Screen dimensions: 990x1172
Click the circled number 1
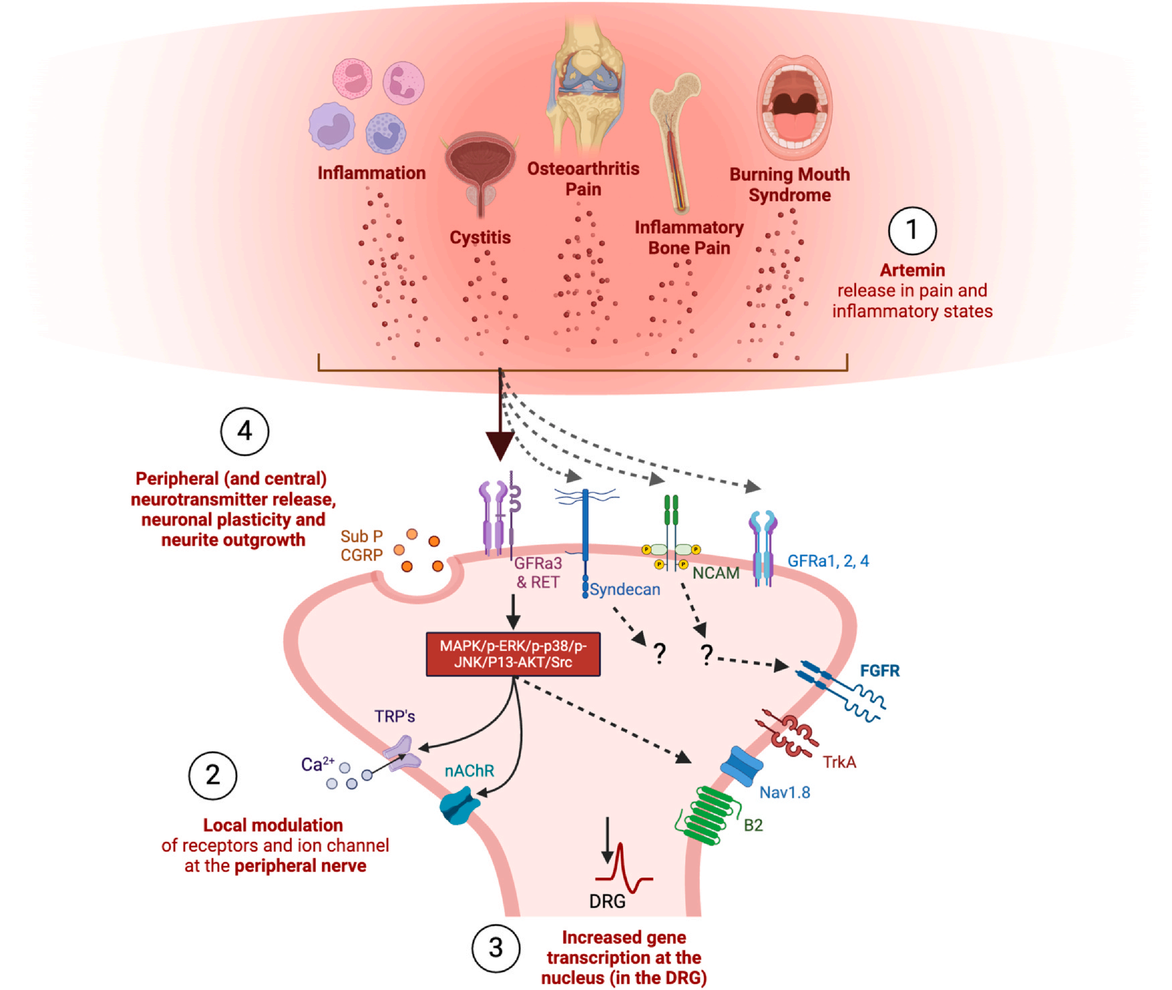pos(911,230)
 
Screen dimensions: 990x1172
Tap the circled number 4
pos(244,431)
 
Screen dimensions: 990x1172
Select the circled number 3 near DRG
pos(496,947)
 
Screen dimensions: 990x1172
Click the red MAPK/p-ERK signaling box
pos(513,654)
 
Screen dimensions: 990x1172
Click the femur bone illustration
pos(675,141)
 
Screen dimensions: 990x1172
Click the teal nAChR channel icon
pos(459,806)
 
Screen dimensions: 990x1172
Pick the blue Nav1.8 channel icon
pos(741,766)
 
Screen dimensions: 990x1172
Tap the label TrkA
pos(839,762)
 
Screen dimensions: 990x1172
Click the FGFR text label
pos(879,670)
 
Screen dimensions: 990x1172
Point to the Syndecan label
pos(625,589)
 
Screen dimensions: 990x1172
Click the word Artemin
pos(912,270)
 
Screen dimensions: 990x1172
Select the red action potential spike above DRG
pos(624,868)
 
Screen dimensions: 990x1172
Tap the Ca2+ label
pos(317,764)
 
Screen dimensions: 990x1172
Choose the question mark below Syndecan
pos(660,652)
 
